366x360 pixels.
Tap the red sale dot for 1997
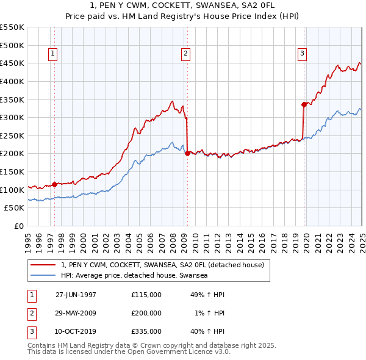[x=55, y=184]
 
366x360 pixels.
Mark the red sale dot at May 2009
[x=187, y=153]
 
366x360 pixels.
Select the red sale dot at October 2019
[x=304, y=104]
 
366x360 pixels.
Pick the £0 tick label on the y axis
[x=20, y=226]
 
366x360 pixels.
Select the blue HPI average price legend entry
[x=134, y=276]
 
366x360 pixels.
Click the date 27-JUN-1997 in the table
[x=76, y=295]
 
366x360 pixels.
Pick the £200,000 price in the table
[x=146, y=313]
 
